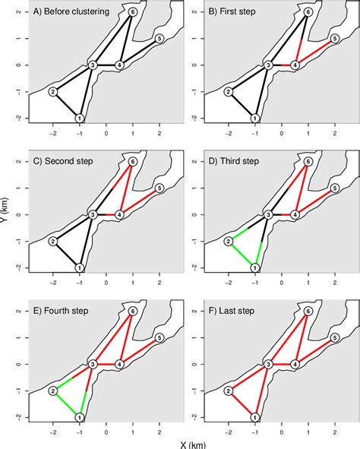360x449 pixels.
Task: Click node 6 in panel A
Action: (x=134, y=12)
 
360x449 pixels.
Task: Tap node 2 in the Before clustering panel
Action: (x=53, y=92)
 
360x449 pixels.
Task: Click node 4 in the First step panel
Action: (x=295, y=65)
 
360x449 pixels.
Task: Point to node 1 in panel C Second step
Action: (x=80, y=267)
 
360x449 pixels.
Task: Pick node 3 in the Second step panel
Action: (x=93, y=215)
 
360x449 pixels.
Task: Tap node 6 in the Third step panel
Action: (x=308, y=162)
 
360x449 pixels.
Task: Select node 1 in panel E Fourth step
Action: (x=80, y=417)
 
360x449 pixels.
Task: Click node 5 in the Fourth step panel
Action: (x=159, y=337)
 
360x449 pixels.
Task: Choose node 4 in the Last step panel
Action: (x=295, y=365)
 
